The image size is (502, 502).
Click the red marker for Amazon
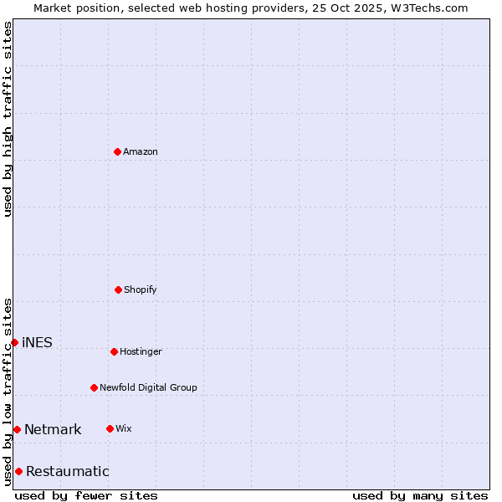(x=117, y=151)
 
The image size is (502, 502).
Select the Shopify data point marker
(x=118, y=289)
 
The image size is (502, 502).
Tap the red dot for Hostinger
(x=114, y=351)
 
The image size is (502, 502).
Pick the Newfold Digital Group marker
(x=94, y=387)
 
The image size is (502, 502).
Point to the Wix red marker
(x=110, y=428)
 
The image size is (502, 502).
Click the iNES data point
(x=14, y=342)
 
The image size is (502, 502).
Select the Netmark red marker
(x=17, y=429)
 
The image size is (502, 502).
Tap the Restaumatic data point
(x=18, y=471)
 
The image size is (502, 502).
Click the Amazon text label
(x=141, y=151)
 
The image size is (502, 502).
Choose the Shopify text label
(x=141, y=289)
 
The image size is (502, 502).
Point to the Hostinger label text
(x=141, y=351)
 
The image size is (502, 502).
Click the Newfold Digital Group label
(x=148, y=387)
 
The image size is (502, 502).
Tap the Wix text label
(x=124, y=428)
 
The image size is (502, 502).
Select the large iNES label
(x=37, y=342)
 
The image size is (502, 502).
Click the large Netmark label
(x=53, y=429)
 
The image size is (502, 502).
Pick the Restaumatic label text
(x=67, y=471)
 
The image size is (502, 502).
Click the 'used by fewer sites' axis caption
(x=86, y=495)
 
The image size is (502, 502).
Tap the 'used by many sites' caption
(x=420, y=495)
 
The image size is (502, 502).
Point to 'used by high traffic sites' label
(x=8, y=119)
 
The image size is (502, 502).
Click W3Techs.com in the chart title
(x=428, y=8)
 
